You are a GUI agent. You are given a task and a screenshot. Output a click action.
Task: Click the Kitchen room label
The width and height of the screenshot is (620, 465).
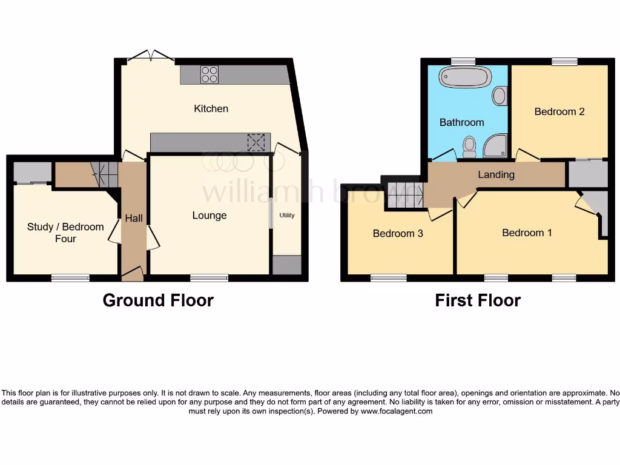click(211, 109)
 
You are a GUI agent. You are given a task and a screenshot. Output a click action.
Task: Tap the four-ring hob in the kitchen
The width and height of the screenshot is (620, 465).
click(209, 74)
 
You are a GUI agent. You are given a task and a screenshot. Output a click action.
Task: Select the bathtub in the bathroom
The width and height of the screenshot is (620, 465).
click(464, 78)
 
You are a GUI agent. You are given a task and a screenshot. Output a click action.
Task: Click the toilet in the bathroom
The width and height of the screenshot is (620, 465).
click(469, 145)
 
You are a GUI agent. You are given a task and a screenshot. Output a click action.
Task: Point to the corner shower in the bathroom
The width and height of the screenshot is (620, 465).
click(495, 145)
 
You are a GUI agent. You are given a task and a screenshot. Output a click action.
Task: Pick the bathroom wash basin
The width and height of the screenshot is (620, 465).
click(500, 96)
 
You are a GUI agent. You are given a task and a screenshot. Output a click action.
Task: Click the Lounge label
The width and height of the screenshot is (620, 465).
click(209, 216)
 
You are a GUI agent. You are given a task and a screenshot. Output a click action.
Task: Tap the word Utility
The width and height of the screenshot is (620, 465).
click(286, 216)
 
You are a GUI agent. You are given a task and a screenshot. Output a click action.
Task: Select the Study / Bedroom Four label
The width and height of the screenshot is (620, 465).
click(65, 232)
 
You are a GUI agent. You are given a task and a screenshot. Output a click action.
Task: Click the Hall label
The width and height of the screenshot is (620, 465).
click(134, 218)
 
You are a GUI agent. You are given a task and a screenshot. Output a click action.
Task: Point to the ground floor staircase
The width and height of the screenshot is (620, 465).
click(104, 174)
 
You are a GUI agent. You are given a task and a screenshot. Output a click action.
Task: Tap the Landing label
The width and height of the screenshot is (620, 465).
click(496, 175)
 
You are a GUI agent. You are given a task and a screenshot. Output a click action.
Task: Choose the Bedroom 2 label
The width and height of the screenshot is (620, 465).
click(559, 111)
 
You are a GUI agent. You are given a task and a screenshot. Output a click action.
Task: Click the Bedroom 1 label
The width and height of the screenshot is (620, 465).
click(527, 232)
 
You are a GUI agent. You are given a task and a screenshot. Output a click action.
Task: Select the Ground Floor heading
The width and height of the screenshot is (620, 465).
click(158, 300)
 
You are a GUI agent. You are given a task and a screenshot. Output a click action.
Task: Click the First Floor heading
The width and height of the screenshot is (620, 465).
click(478, 300)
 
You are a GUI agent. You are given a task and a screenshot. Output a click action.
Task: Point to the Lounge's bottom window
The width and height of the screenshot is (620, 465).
click(209, 278)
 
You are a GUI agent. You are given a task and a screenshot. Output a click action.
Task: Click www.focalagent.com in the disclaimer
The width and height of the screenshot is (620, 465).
click(397, 411)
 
